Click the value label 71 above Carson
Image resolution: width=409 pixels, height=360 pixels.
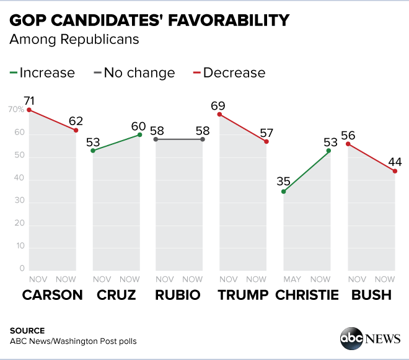pos(29,101)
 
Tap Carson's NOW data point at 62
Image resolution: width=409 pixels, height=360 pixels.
pos(76,130)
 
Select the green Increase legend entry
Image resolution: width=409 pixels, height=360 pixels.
pos(42,72)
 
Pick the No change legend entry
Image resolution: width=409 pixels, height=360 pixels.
pos(133,72)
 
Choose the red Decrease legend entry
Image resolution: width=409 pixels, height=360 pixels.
pos(228,72)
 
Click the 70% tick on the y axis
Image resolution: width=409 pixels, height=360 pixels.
pos(16,110)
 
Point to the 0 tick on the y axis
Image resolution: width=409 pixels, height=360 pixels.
pos(21,269)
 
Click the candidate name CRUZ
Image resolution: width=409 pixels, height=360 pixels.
pos(116,295)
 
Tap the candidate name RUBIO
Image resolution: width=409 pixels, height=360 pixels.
pos(178,295)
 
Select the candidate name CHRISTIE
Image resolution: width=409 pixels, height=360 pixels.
pos(307,295)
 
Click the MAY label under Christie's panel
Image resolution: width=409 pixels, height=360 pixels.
pos(292,279)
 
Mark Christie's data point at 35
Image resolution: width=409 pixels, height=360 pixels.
pos(284,191)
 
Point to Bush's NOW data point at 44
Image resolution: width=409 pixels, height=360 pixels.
pos(395,171)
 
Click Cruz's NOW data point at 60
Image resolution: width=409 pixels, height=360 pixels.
pos(140,134)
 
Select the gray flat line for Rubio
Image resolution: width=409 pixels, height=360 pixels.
pos(179,139)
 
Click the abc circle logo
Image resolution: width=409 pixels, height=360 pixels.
pos(351,338)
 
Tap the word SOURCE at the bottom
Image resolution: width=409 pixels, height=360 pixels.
pos(27,330)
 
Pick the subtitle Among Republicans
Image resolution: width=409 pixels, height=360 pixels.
pos(74,40)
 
